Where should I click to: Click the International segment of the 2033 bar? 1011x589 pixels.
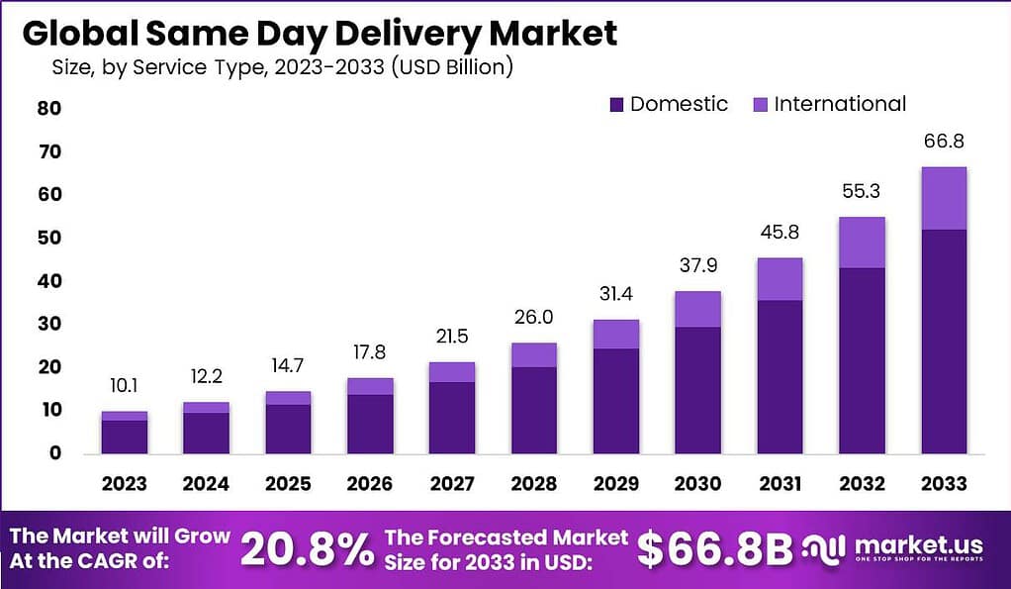tap(943, 198)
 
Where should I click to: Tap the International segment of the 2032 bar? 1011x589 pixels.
tap(861, 243)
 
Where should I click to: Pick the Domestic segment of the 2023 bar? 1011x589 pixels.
tap(125, 436)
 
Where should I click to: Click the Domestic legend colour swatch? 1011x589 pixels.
tap(616, 104)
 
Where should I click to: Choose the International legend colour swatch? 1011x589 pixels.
tap(760, 104)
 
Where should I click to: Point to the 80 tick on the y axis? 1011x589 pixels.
tap(49, 108)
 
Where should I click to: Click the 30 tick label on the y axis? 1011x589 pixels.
tap(49, 324)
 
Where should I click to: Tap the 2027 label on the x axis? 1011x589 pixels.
tap(451, 483)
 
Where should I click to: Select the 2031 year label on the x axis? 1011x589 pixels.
tap(780, 483)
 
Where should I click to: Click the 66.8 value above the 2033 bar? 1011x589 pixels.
tap(943, 142)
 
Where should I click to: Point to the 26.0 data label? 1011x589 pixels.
tap(533, 319)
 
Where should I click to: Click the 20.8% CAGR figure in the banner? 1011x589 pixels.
tap(307, 548)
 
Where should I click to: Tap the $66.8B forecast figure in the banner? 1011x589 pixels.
tap(714, 549)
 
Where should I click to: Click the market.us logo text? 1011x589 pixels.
tap(917, 545)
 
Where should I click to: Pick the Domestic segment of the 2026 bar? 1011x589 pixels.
tap(370, 424)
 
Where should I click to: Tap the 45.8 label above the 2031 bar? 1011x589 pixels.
tap(780, 235)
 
